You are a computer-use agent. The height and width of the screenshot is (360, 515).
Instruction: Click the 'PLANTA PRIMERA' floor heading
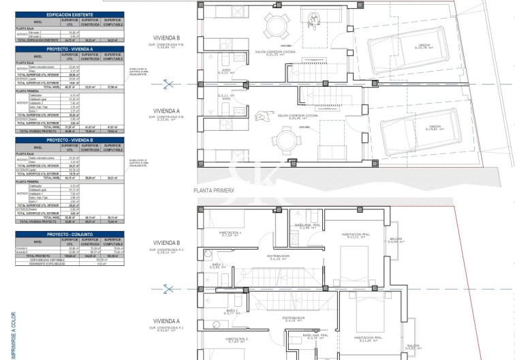click(214, 191)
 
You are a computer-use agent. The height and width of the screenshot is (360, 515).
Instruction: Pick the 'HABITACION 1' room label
click(230, 232)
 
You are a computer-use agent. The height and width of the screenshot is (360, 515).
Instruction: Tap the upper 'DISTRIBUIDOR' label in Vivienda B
click(279, 256)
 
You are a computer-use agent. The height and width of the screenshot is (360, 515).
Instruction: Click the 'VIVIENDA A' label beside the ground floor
click(167, 110)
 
